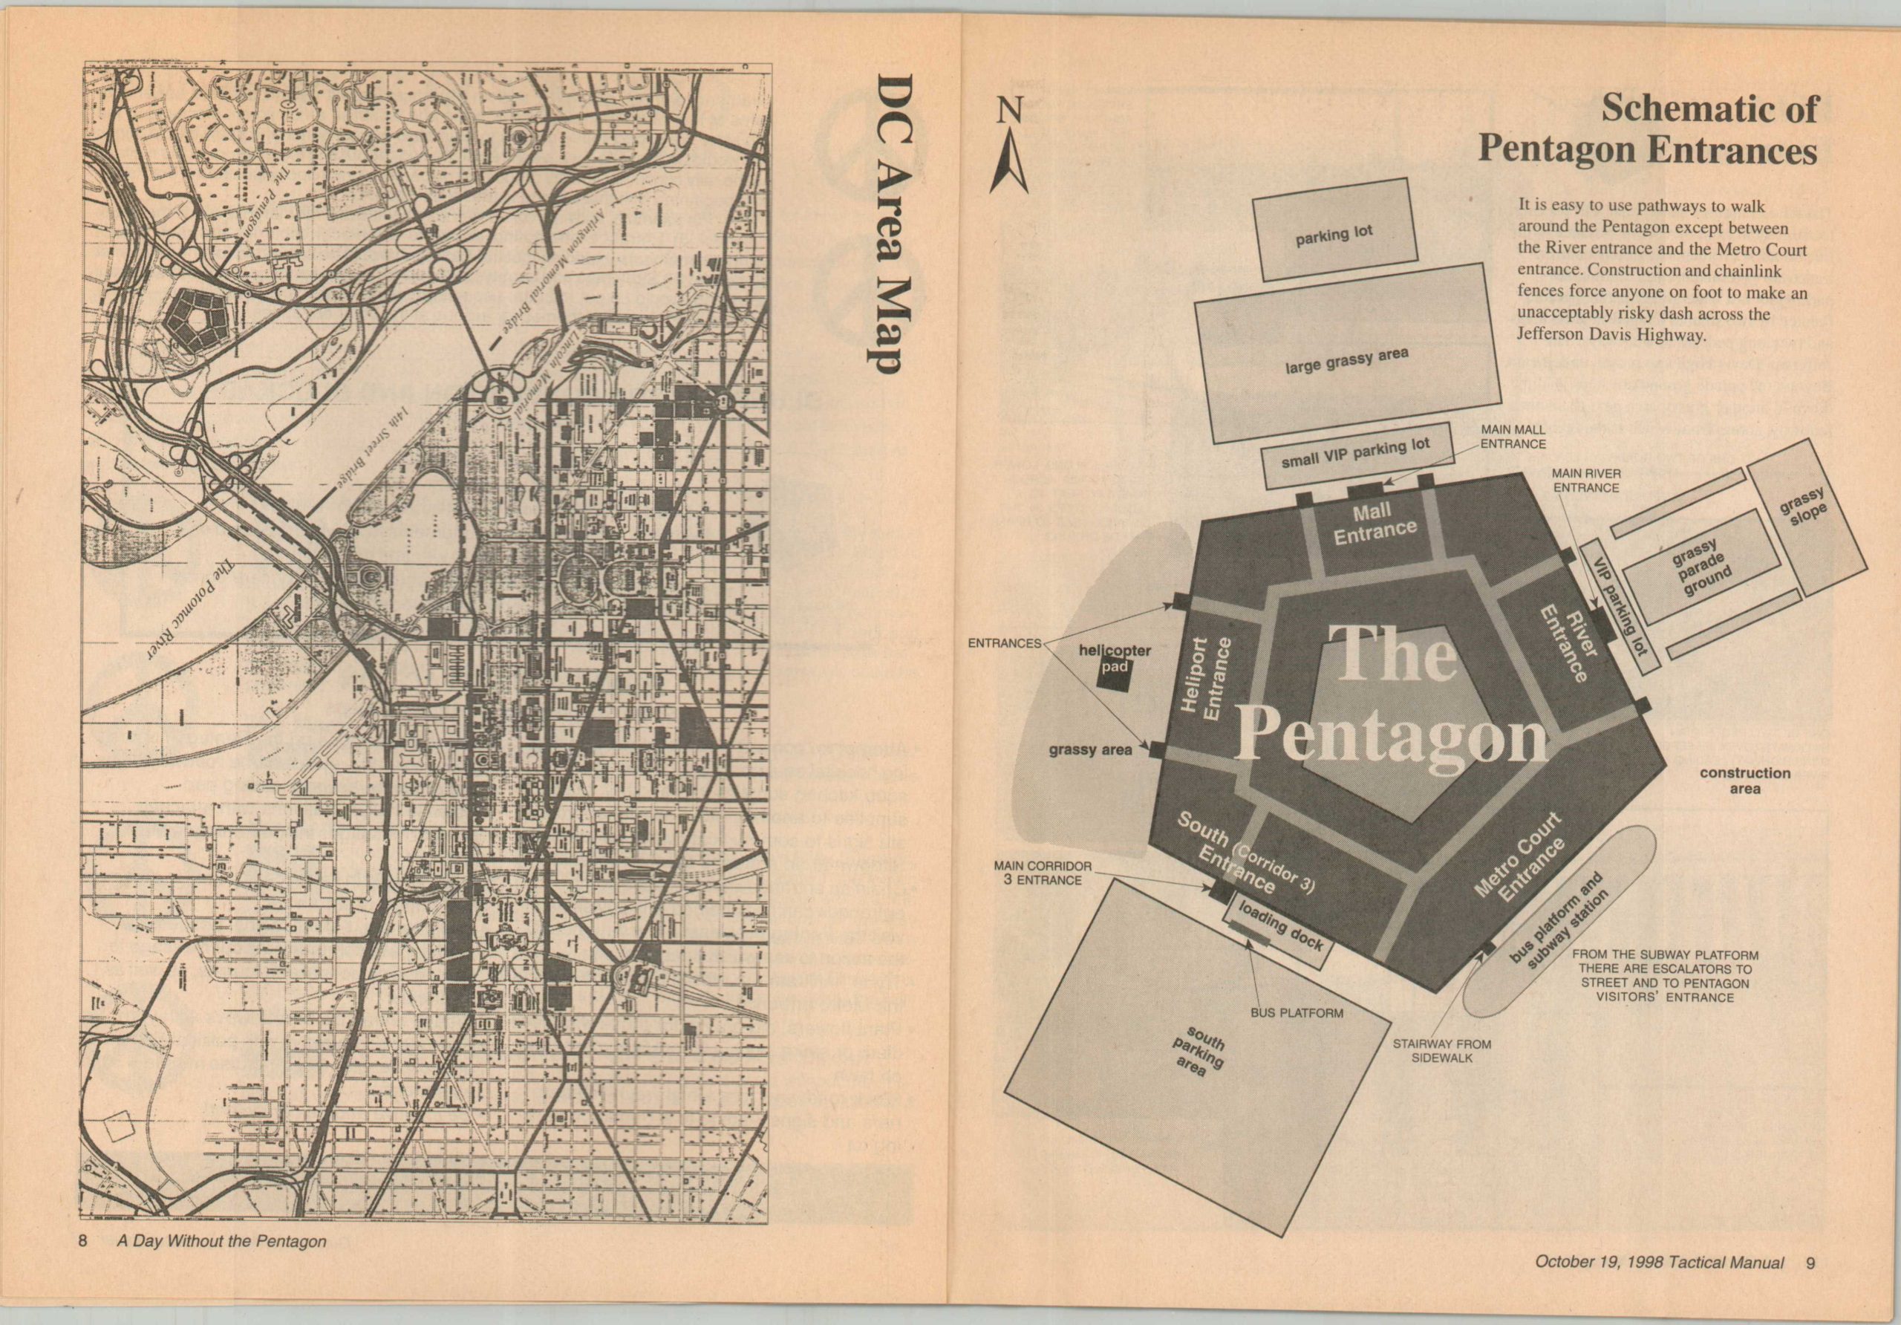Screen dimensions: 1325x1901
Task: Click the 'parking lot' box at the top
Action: (1334, 233)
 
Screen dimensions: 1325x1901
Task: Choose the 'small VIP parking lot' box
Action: (1355, 453)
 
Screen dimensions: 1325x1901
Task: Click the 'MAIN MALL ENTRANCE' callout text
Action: (1513, 437)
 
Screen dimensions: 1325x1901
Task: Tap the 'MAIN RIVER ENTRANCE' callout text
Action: (1585, 481)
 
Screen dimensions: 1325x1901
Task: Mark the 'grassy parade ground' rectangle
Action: (1701, 567)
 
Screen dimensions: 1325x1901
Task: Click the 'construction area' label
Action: (1744, 780)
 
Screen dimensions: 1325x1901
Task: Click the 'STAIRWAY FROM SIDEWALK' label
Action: (1429, 1051)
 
